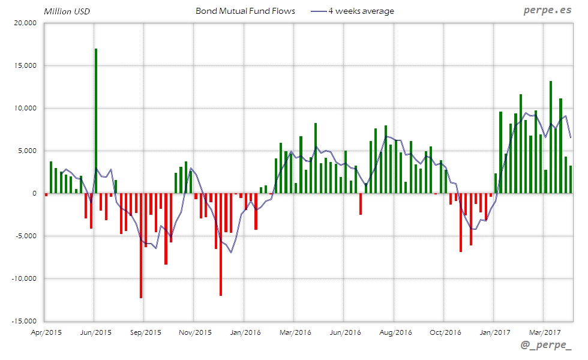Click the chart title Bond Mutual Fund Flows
point(245,11)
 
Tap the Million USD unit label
point(66,11)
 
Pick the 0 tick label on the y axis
point(34,193)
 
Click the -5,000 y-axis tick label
point(26,236)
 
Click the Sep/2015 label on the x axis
point(145,331)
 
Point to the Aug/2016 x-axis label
point(394,331)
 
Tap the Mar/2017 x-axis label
point(544,331)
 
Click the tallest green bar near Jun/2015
point(96,120)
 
